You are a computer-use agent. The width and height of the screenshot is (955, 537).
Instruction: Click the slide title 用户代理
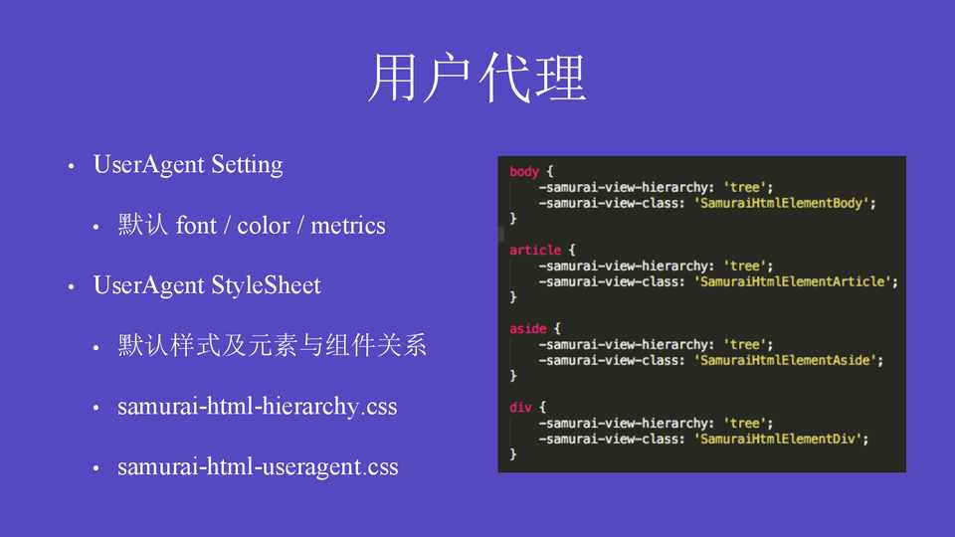pos(477,78)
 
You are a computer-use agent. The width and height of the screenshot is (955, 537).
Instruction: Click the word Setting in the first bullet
pos(247,165)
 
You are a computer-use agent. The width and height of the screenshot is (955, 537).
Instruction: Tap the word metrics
pos(348,226)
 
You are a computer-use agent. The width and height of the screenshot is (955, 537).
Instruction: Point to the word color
pos(263,226)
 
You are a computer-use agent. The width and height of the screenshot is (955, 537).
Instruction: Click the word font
pos(196,226)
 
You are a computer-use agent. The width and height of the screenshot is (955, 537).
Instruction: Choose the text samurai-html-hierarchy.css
pos(257,406)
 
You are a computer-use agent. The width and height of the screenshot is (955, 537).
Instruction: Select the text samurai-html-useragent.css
pos(258,467)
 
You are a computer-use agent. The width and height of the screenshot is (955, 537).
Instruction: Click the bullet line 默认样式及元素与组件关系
pos(273,345)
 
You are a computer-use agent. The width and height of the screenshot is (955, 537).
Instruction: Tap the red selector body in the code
pos(524,172)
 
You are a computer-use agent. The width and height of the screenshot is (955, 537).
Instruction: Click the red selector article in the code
pos(535,251)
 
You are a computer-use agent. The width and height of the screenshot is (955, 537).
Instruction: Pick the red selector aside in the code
pos(527,329)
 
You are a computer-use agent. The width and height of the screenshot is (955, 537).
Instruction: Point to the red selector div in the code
pos(520,408)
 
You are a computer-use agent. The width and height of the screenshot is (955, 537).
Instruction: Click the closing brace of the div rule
pos(513,454)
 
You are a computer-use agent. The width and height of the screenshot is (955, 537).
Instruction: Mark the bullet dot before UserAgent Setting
pos(72,166)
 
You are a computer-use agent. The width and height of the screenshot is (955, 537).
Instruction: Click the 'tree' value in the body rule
pos(744,188)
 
